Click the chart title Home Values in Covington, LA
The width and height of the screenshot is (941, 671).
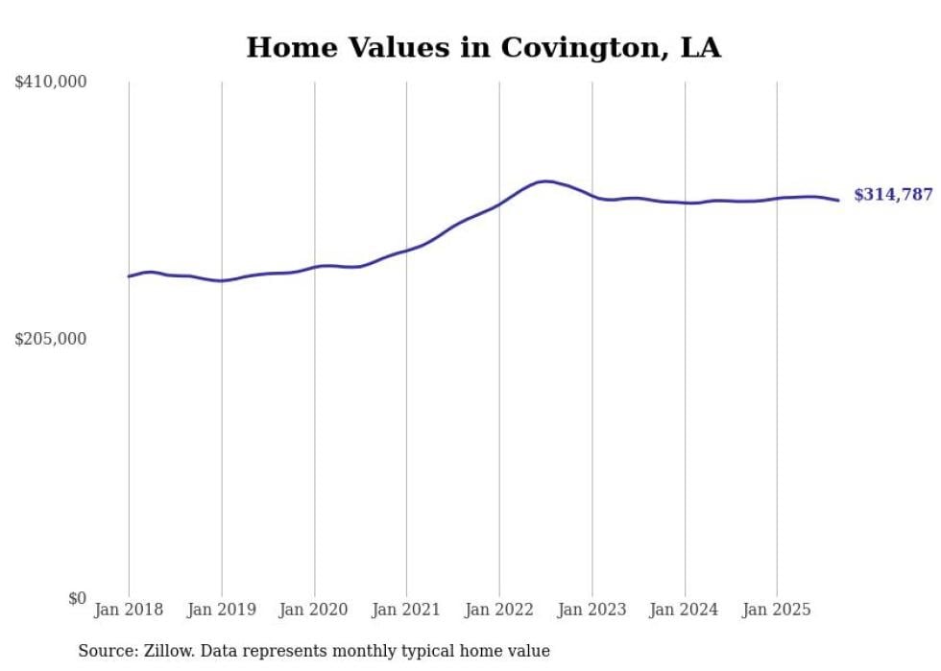pos(483,47)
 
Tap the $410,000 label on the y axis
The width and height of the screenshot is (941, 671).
pos(51,83)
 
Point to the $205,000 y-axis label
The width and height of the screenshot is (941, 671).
pos(51,339)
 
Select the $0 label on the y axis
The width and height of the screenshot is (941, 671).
pos(77,598)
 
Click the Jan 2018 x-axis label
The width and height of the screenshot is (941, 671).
pos(129,610)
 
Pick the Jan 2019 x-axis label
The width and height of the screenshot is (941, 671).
pos(222,610)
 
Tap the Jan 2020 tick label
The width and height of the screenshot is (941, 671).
pos(314,610)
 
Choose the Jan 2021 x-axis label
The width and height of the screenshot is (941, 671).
pos(406,610)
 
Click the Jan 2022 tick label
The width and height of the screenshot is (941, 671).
pos(499,610)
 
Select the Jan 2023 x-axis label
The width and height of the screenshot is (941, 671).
pos(591,610)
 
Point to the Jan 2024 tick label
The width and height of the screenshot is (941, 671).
pos(685,610)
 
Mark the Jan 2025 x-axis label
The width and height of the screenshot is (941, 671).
pos(777,610)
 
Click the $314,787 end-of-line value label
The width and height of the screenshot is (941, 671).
pos(893,195)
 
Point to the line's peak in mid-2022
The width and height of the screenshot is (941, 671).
pos(545,180)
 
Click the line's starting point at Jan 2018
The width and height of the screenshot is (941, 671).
pos(129,276)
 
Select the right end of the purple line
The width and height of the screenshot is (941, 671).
pos(839,201)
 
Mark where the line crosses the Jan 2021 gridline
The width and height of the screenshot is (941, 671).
pos(406,251)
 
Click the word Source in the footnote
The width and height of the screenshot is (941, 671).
pos(105,651)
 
